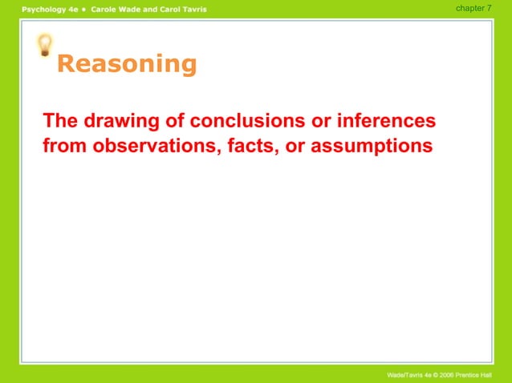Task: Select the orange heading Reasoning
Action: click(127, 64)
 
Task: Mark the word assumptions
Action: click(372, 147)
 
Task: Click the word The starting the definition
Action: click(61, 122)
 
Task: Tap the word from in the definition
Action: click(65, 147)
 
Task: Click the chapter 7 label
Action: click(473, 8)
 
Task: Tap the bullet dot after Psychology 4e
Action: click(83, 9)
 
